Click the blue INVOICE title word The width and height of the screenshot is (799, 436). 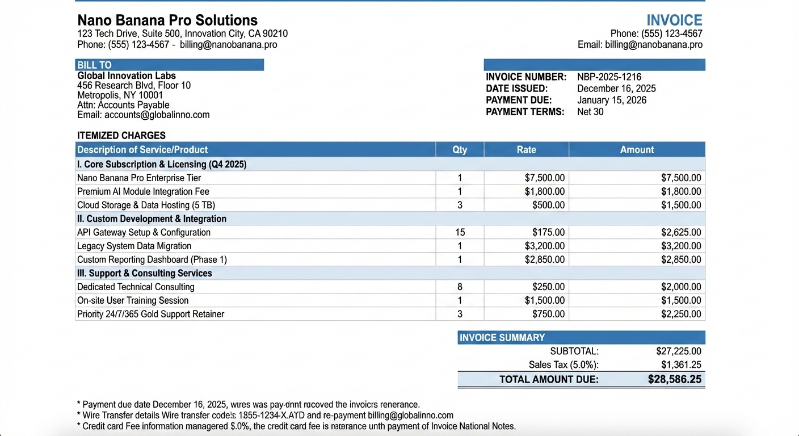(674, 20)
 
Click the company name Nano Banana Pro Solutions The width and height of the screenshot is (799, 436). (167, 20)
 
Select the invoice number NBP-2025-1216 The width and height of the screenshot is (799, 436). (609, 77)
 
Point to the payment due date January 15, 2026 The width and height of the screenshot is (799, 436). (611, 100)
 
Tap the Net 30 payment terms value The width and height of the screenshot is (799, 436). (590, 112)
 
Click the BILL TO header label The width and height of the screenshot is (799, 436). (95, 65)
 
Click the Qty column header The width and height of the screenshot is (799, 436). (460, 150)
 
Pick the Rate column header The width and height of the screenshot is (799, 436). (526, 150)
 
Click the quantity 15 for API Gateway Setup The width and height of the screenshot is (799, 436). (460, 232)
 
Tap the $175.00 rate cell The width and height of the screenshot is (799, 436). (548, 232)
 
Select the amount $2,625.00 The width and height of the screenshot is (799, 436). (681, 232)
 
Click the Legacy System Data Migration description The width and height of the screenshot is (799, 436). (134, 246)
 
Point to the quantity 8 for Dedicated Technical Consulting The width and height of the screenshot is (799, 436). (460, 287)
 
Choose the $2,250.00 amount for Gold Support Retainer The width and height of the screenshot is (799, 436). (681, 314)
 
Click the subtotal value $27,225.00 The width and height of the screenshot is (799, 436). (679, 351)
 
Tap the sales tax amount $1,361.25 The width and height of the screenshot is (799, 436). (681, 365)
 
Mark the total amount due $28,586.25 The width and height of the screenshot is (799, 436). (675, 379)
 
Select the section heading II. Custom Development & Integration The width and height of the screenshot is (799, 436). (152, 219)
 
